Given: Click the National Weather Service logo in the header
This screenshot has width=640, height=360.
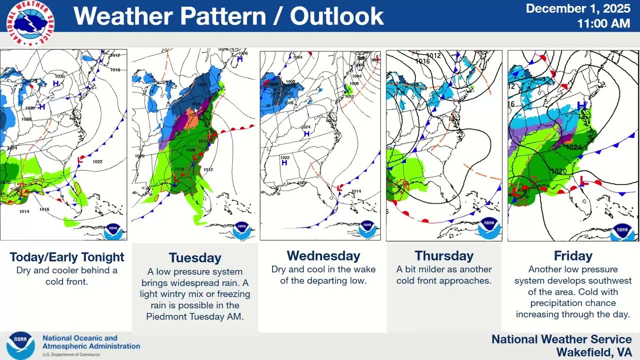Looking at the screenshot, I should pos(30,23).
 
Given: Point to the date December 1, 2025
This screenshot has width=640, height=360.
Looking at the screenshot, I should pos(577,9).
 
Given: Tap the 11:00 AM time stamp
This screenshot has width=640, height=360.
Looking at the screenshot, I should pos(603,23).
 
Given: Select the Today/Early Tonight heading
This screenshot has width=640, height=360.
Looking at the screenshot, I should pos(67,257).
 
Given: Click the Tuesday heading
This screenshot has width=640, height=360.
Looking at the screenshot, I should pos(195,257).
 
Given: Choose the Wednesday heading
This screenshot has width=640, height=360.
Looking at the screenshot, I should pos(323,256).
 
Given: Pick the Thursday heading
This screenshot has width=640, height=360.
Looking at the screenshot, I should pos(444,256).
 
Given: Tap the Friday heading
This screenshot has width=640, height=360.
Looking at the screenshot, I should pos(573,256).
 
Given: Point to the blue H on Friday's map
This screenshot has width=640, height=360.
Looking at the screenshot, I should pos(581,106).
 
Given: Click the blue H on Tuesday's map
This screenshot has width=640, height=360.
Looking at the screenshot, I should pos(240,59).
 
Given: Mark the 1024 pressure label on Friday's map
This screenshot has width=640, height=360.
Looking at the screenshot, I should pos(574,147).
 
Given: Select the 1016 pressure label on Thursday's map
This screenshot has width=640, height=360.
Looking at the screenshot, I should pos(422,61).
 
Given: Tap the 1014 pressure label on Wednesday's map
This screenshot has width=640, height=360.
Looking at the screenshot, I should pos(356,191).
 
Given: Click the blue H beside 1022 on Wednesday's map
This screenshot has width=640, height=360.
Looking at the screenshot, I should pos(284,163).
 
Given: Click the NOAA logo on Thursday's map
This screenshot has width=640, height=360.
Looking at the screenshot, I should pos(488,227).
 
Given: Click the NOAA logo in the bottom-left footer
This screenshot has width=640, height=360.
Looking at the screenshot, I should pos(20,345).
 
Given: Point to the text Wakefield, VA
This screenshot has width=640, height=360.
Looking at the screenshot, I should pos(594,352).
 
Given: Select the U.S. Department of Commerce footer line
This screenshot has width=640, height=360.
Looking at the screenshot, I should pos(71,354).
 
